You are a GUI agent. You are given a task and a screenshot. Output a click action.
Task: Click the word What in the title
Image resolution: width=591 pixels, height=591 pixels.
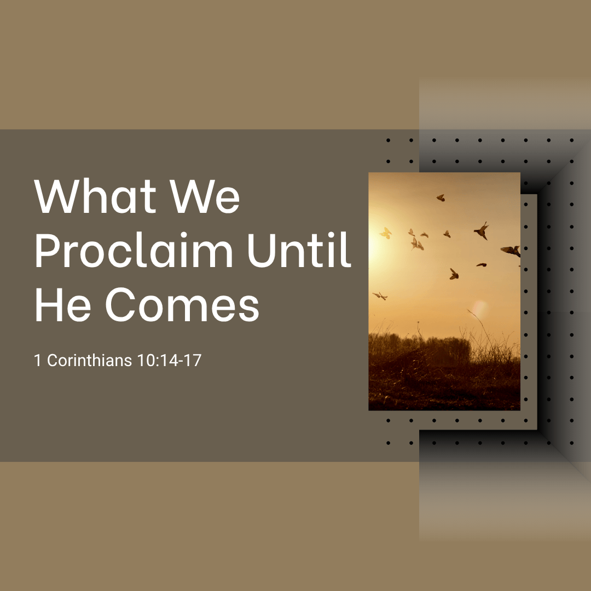[x=95, y=196]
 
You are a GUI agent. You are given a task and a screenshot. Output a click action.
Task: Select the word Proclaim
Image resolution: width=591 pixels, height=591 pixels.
[x=134, y=250]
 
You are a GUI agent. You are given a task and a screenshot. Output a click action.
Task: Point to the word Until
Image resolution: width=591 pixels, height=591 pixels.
[x=299, y=250]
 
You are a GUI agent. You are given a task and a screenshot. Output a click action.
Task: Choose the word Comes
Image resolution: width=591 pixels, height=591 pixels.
[x=182, y=305]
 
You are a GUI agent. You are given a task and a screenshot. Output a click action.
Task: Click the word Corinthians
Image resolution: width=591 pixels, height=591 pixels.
[x=89, y=360]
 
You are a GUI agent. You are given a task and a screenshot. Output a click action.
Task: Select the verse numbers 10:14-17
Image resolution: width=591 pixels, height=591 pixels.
[x=169, y=360]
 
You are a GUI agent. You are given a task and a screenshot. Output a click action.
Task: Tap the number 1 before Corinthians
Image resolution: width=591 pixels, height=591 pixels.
[x=38, y=360]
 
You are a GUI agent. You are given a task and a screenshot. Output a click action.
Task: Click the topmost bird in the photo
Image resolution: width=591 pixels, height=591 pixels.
[x=441, y=198]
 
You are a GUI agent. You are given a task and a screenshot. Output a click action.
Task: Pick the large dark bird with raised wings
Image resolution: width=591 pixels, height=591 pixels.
[x=482, y=230]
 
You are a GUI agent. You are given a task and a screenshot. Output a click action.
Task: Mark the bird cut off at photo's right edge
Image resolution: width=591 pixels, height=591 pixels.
[x=512, y=251]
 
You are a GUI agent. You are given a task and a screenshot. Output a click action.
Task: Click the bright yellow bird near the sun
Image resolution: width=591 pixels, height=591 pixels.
[x=386, y=233]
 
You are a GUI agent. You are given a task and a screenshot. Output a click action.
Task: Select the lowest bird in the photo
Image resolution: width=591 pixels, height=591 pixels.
[x=380, y=296]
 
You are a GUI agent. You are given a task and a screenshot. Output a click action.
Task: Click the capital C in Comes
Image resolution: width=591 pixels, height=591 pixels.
[x=120, y=305]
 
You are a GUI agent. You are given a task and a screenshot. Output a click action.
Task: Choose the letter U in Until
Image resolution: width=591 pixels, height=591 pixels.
[x=262, y=251]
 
